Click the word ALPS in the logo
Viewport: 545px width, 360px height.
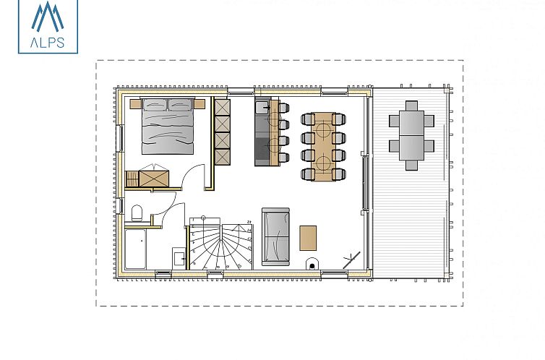pyautogui.click(x=48, y=43)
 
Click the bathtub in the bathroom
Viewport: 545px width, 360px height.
pyautogui.click(x=135, y=250)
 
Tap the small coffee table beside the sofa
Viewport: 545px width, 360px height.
pyautogui.click(x=308, y=238)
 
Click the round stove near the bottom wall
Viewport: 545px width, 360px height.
pyautogui.click(x=312, y=264)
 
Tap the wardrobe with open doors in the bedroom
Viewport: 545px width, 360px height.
pyautogui.click(x=153, y=176)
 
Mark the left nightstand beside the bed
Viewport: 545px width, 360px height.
pyautogui.click(x=135, y=103)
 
